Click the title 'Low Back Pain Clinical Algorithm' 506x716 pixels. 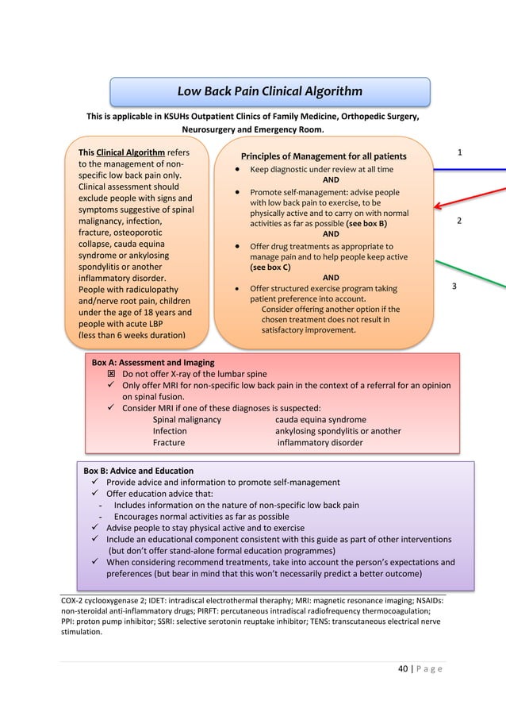point(270,91)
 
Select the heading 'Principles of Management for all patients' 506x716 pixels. point(324,156)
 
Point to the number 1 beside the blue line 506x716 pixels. point(460,152)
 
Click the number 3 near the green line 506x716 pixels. point(454,286)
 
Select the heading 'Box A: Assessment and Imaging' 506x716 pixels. point(153,362)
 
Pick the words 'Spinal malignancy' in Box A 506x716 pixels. point(187,419)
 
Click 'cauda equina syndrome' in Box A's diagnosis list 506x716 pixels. point(320,419)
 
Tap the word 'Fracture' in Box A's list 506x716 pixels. point(169,442)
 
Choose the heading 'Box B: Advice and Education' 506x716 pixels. point(138,471)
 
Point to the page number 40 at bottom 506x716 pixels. point(404,668)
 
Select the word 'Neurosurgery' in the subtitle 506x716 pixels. point(210,130)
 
